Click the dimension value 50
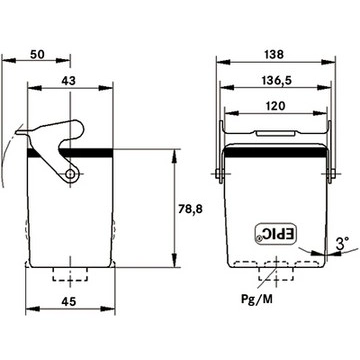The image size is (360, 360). (x=37, y=54)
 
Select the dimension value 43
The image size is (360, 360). (x=69, y=81)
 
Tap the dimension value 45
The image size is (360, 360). (x=69, y=301)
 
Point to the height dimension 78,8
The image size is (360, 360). (x=189, y=209)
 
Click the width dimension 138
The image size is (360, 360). (x=274, y=54)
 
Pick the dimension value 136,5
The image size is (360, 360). (x=275, y=81)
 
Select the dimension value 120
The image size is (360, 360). (x=275, y=106)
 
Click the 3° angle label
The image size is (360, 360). (x=342, y=244)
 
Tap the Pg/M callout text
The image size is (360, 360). (x=257, y=299)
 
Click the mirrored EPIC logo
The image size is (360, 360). (x=275, y=234)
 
